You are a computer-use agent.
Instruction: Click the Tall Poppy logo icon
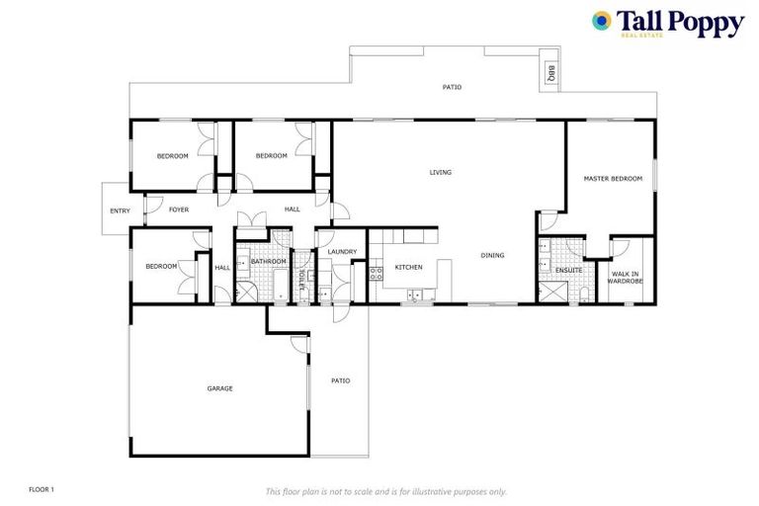coord(601,20)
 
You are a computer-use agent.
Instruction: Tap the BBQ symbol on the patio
coord(550,72)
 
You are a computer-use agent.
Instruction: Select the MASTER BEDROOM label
coord(613,179)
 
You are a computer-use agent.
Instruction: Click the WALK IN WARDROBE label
coord(625,278)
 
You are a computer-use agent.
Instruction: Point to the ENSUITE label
coord(568,269)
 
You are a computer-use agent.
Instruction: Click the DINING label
coord(492,256)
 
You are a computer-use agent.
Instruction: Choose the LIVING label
coord(440,173)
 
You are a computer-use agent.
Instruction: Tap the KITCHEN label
coord(408,268)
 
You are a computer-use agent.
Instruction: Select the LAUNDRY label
coord(342,252)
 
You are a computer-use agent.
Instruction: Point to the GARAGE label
coord(219,388)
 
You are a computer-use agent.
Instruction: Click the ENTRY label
coord(120,211)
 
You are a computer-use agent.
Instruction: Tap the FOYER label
coord(178,210)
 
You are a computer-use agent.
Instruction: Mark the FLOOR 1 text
coord(42,489)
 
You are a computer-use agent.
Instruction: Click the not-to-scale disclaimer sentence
coord(385,490)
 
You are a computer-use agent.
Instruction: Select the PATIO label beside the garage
coord(340,380)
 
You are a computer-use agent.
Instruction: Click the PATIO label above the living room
coord(452,87)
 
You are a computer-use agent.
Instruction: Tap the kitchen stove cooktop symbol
coord(376,274)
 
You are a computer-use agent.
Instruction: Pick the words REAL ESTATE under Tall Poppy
coord(642,35)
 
